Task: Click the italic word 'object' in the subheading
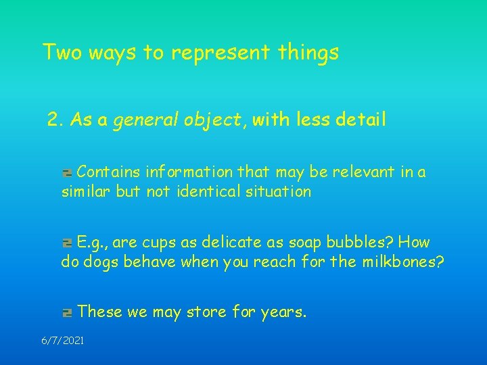point(199,121)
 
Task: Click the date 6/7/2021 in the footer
point(63,341)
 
